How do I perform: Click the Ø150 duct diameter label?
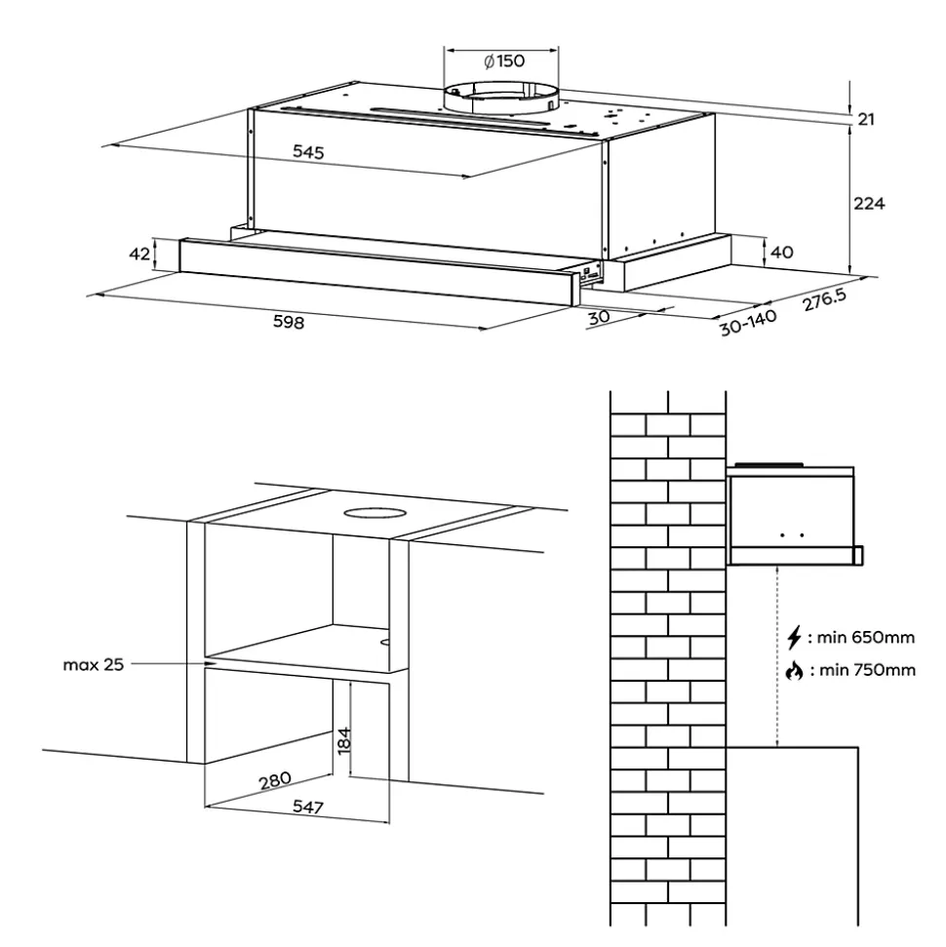point(504,60)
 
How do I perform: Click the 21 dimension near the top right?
point(865,119)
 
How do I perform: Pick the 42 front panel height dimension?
point(140,254)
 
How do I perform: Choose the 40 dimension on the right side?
point(781,253)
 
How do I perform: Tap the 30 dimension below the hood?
point(600,318)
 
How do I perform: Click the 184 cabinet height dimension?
point(342,739)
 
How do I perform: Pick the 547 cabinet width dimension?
point(307,808)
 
